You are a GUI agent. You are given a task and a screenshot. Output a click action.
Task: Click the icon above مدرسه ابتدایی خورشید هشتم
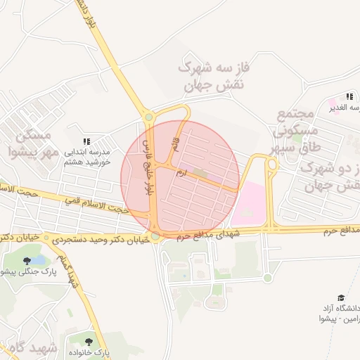87,141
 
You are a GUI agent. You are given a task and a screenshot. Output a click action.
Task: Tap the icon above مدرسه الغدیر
349,96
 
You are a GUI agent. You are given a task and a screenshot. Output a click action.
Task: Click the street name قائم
174,143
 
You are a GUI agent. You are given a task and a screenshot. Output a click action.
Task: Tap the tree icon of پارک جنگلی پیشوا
27,262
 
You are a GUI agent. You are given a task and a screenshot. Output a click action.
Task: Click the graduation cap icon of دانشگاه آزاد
341,298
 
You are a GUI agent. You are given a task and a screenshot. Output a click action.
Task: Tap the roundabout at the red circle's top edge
148,117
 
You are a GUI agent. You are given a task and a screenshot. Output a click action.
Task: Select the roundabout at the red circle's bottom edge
155,236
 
